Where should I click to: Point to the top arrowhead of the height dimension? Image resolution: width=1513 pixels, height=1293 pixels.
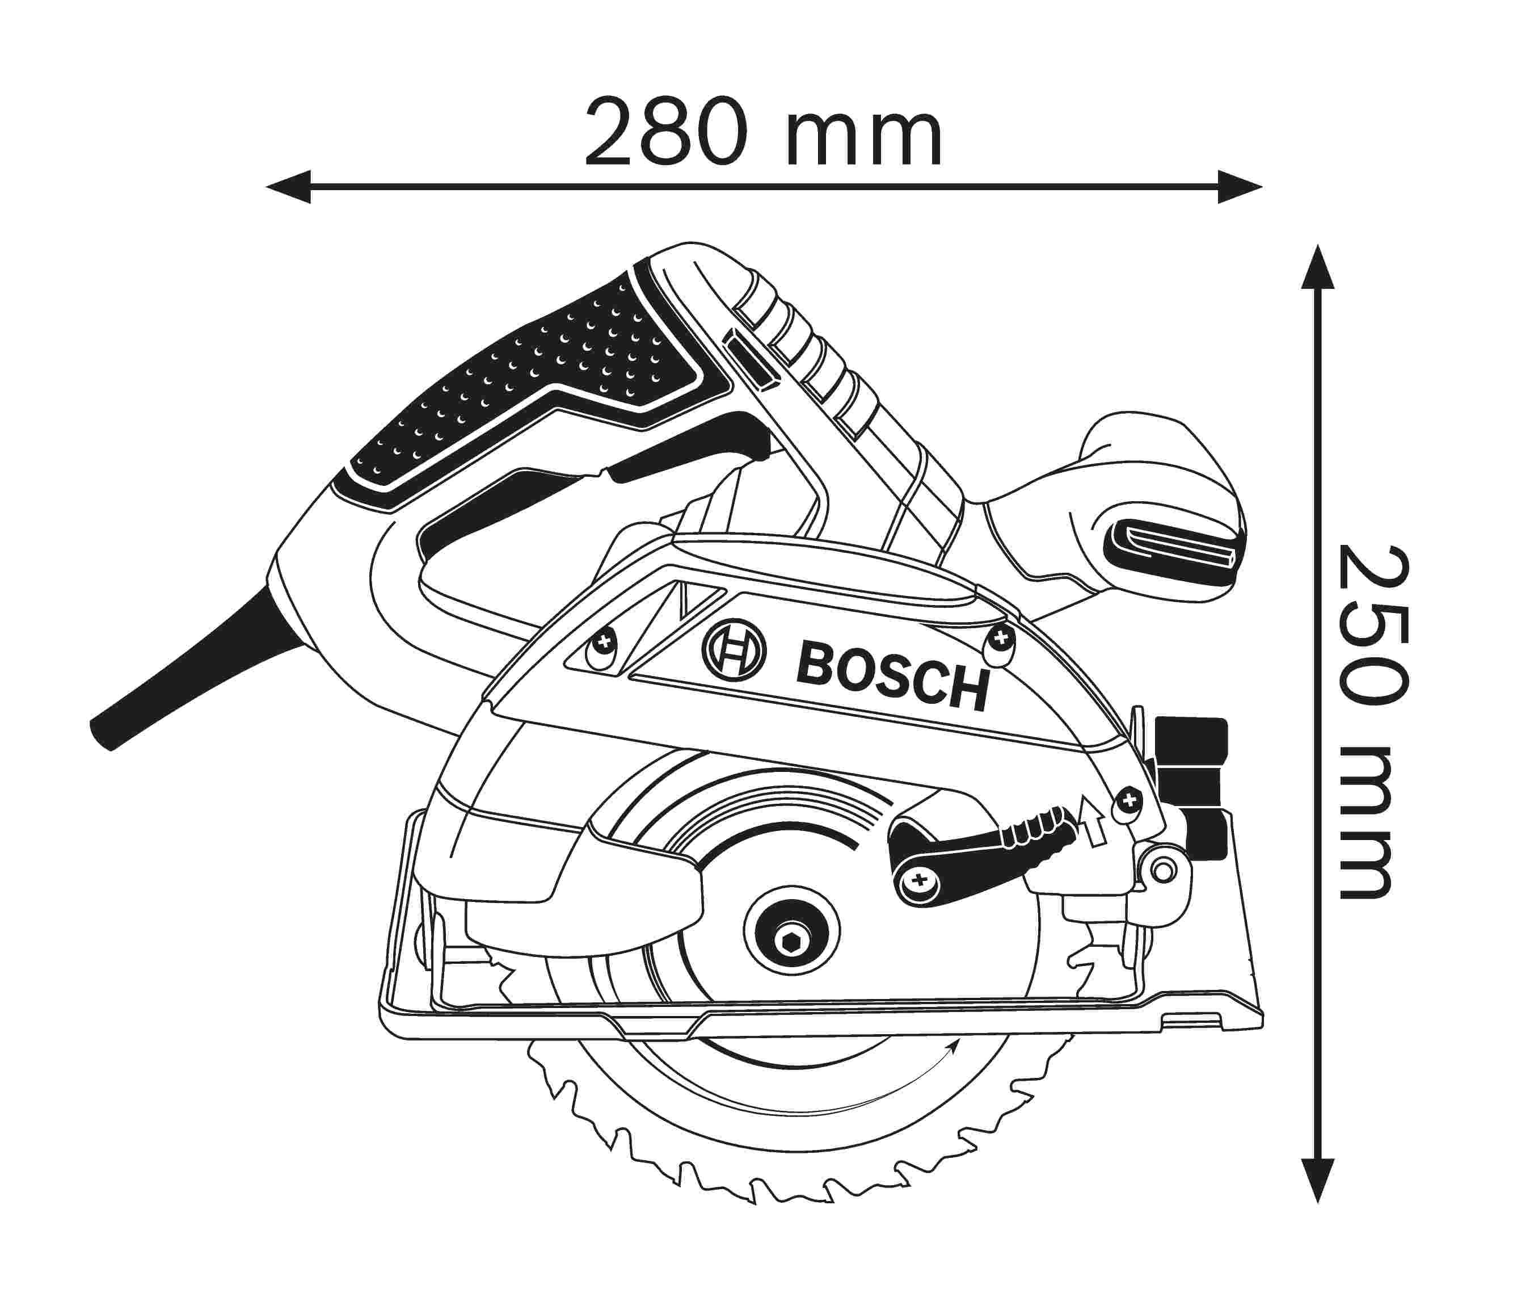click(x=1317, y=267)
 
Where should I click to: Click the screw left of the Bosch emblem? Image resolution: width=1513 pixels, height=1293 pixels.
click(x=602, y=645)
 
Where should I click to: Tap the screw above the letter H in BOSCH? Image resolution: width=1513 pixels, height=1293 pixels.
click(x=1001, y=639)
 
